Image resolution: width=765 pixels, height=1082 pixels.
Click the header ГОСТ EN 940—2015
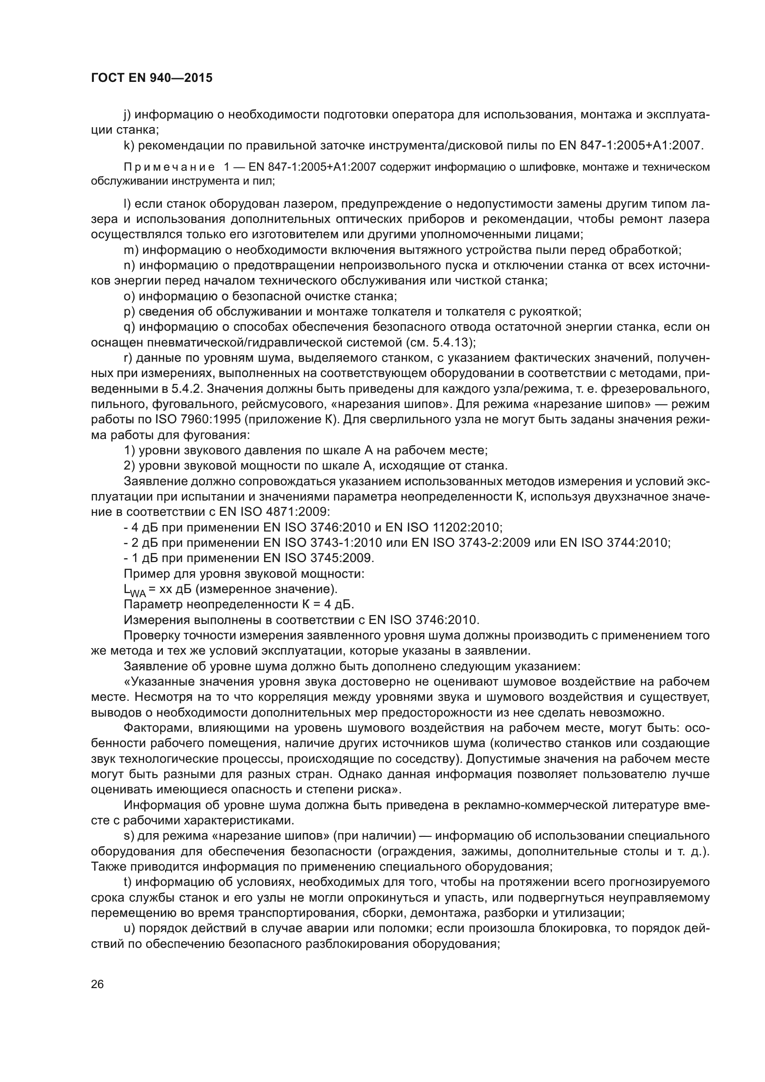(151, 78)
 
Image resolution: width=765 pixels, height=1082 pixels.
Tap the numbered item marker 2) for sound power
(130, 466)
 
